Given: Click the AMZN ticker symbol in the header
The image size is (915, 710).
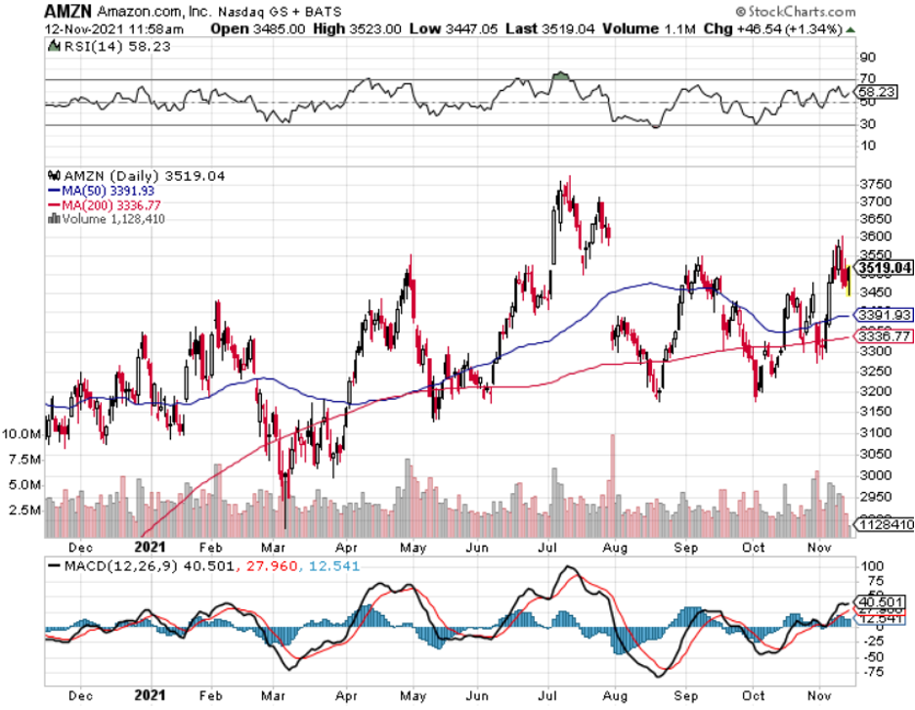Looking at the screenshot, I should click(x=65, y=12).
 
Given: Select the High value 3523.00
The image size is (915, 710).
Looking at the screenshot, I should click(x=343, y=29).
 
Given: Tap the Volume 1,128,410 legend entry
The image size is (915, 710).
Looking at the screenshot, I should click(x=110, y=219).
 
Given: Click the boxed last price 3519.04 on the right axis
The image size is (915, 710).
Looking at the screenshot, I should click(x=883, y=267).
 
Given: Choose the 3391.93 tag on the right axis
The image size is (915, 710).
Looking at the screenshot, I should click(x=883, y=315).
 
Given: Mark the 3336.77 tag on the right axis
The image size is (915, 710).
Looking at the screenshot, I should click(x=883, y=336).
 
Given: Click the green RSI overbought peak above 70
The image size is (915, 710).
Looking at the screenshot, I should click(x=560, y=74).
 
